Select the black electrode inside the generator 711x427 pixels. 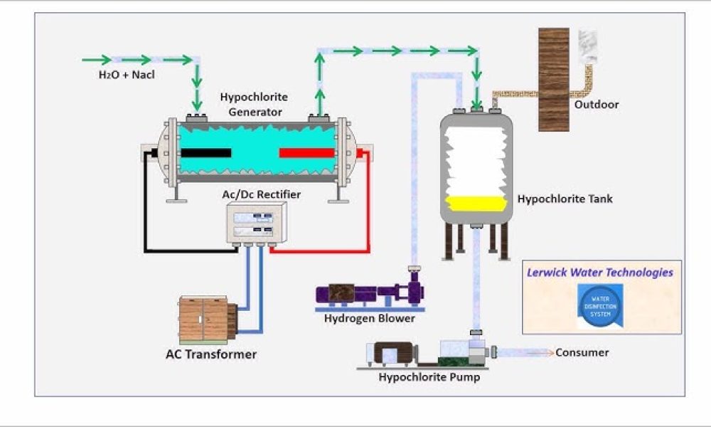(205, 153)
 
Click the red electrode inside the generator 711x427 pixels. (306, 153)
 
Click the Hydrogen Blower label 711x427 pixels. (369, 318)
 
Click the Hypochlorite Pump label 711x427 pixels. (429, 376)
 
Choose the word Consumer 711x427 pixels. (582, 352)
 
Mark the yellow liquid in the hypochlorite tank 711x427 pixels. (476, 204)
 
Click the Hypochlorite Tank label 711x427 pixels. (565, 199)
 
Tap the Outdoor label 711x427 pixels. (597, 105)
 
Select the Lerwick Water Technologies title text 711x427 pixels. (599, 272)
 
